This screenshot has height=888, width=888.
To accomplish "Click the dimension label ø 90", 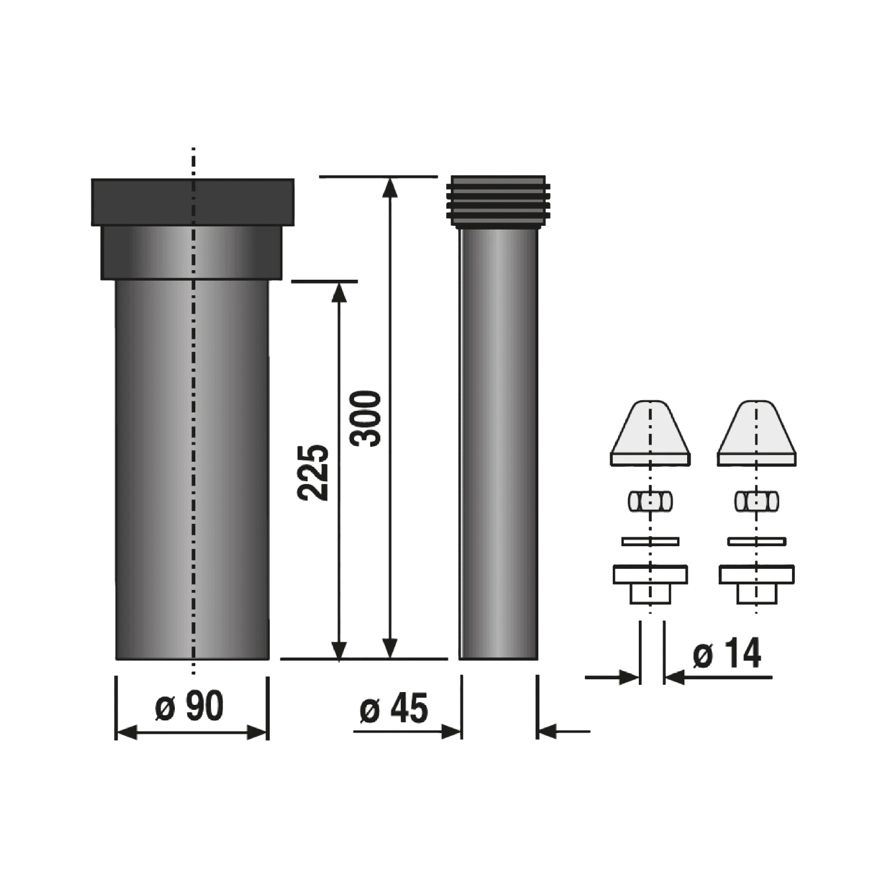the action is pyautogui.click(x=189, y=706).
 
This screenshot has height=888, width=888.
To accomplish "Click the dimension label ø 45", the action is pyautogui.click(x=394, y=709).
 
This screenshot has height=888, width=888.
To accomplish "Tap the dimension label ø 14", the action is pyautogui.click(x=727, y=653).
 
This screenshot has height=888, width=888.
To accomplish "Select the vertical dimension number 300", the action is pyautogui.click(x=366, y=418).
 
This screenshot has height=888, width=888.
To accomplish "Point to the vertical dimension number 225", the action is pyautogui.click(x=314, y=472).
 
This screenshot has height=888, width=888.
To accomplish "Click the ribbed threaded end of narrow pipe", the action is pyautogui.click(x=498, y=202).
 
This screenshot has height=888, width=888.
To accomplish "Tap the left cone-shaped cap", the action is pyautogui.click(x=650, y=432).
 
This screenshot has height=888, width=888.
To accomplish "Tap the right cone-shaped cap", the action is pyautogui.click(x=756, y=432).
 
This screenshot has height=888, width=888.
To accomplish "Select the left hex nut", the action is pyautogui.click(x=650, y=501).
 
